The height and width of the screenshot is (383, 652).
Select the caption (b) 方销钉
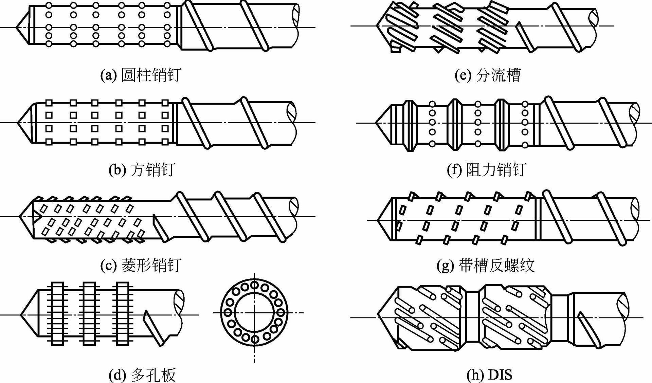click(142, 169)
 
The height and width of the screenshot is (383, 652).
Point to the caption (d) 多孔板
click(142, 375)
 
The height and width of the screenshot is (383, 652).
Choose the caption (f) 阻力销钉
click(486, 169)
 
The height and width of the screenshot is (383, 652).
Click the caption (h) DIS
click(489, 375)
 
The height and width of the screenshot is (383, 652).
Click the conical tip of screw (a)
click(22, 27)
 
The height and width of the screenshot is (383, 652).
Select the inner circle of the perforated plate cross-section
click(254, 312)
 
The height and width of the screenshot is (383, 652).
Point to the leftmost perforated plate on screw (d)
click(57, 314)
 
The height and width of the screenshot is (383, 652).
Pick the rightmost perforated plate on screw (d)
click(123, 314)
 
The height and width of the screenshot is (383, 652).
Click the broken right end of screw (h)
click(623, 317)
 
